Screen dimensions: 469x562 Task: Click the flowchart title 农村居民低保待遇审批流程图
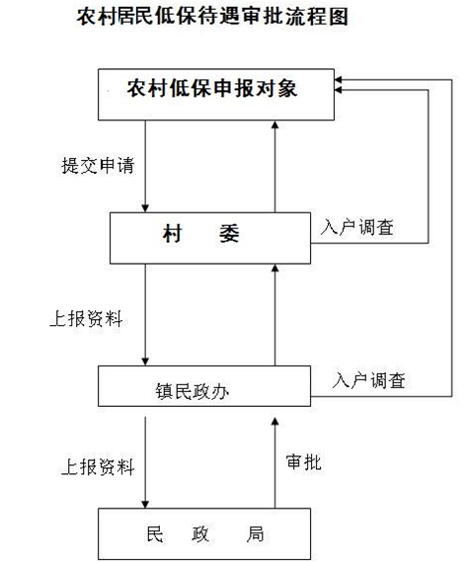pos(212,17)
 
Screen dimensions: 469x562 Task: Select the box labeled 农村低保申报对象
pos(216,95)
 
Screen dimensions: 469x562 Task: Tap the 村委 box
pos(210,238)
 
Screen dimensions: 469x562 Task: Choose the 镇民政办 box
pos(204,386)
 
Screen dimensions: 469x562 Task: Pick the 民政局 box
pos(204,533)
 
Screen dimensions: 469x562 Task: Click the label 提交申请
pos(98,166)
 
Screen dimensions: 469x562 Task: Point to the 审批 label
pos(303,462)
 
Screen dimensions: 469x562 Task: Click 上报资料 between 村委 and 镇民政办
pos(86,318)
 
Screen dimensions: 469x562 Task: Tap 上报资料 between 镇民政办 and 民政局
pos(98,466)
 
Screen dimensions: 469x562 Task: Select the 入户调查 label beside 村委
pos(357,227)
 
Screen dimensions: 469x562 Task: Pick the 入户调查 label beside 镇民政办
pos(368,380)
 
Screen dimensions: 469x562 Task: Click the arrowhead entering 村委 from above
pos(145,208)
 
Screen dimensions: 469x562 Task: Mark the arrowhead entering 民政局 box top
pos(145,504)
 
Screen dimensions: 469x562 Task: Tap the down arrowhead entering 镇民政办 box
pos(145,361)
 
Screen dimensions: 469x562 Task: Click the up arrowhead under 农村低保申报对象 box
pos(274,124)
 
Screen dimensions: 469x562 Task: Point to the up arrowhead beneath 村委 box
pos(274,269)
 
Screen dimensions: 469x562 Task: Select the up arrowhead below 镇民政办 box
pos(274,422)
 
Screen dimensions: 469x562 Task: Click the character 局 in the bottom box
pos(255,534)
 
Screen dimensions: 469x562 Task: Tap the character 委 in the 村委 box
pos(229,233)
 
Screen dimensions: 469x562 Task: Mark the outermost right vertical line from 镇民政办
pos(452,238)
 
